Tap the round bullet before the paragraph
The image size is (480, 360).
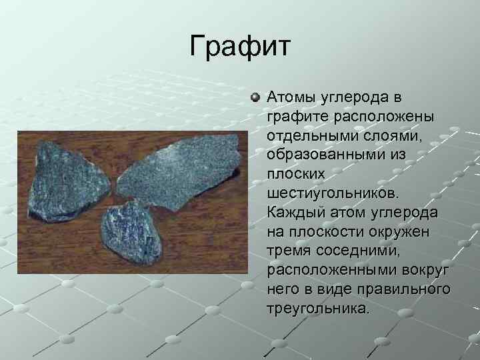(x=256, y=97)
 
